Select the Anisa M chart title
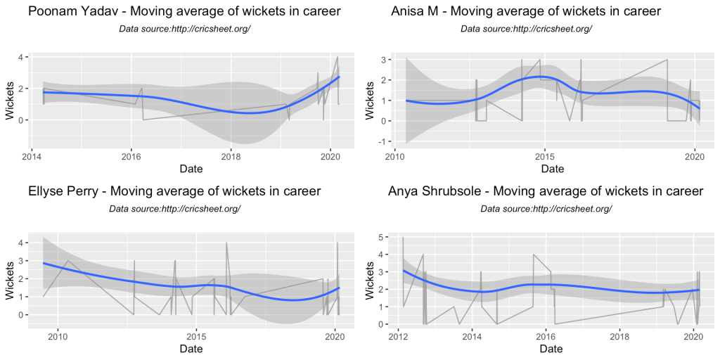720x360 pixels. pos(526,11)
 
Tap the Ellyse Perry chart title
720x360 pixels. pos(174,191)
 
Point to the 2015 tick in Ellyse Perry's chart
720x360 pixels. pos(196,335)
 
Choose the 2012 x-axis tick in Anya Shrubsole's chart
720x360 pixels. pos(398,335)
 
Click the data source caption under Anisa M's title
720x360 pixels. pos(526,29)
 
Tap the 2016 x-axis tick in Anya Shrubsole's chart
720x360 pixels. pos(545,335)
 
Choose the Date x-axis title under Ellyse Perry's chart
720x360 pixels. pos(191,349)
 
